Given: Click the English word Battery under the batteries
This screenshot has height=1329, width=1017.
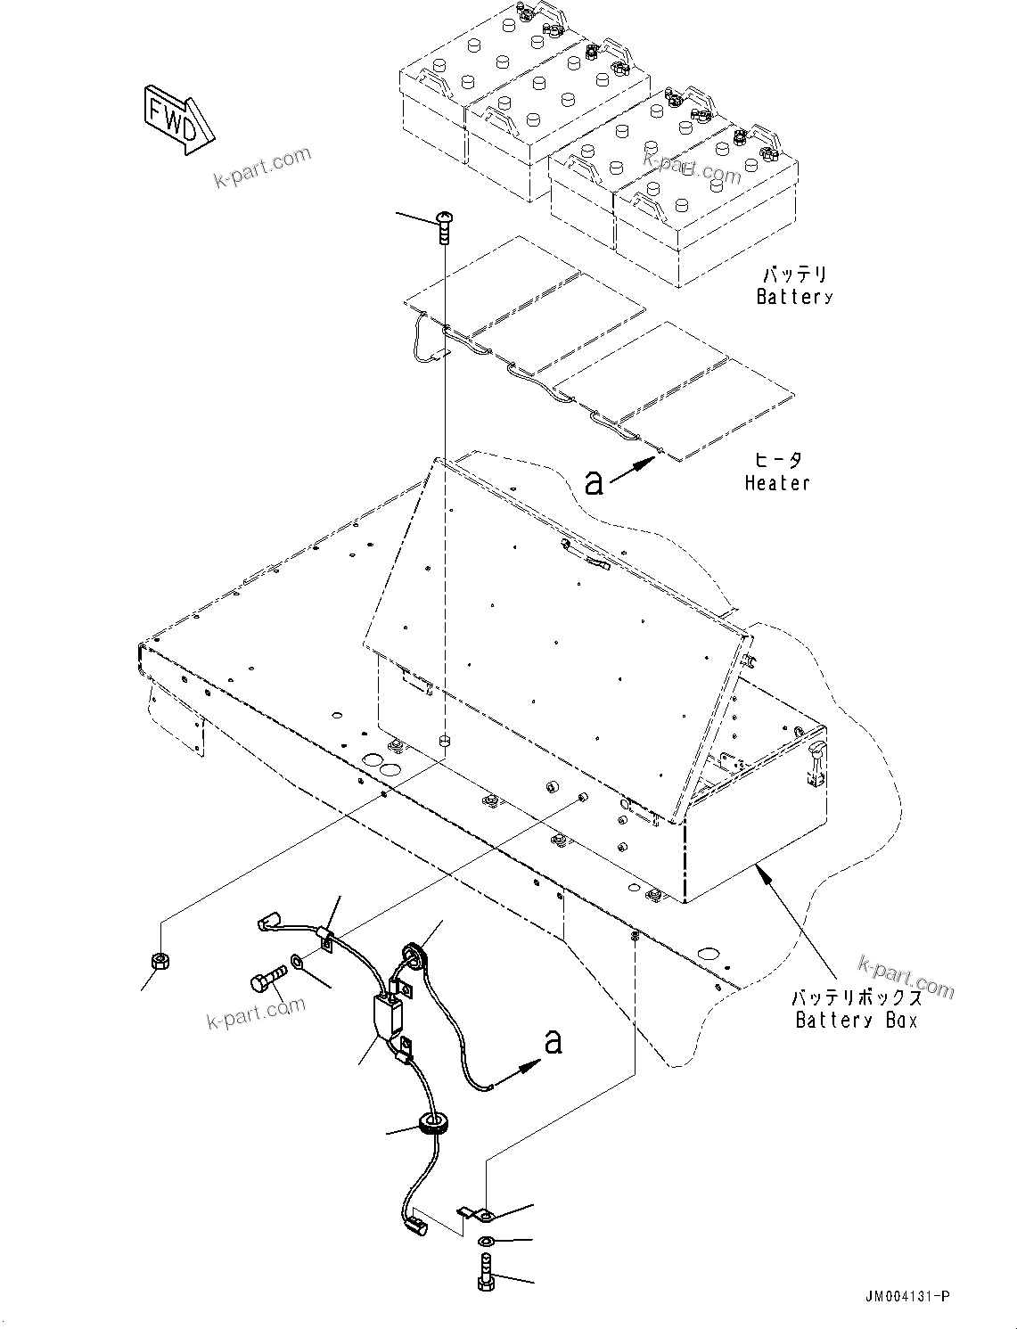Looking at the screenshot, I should pyautogui.click(x=793, y=297).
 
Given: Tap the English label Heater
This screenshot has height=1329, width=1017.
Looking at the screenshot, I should pyautogui.click(x=777, y=483).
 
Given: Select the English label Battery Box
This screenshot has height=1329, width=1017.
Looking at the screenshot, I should pyautogui.click(x=856, y=1021).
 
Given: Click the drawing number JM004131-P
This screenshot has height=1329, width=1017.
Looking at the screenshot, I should pyautogui.click(x=906, y=1296).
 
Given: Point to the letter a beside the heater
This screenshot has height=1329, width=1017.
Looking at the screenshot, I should pyautogui.click(x=594, y=482).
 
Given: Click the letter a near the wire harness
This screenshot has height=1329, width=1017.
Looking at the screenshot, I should pyautogui.click(x=554, y=1041).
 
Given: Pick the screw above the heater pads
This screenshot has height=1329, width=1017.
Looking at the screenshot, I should pyautogui.click(x=444, y=226).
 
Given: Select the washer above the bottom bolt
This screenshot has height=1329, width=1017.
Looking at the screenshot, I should pyautogui.click(x=486, y=1243).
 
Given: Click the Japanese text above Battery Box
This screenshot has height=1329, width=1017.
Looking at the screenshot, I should pyautogui.click(x=856, y=997).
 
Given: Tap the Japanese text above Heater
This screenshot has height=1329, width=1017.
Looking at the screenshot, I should pyautogui.click(x=777, y=460).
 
